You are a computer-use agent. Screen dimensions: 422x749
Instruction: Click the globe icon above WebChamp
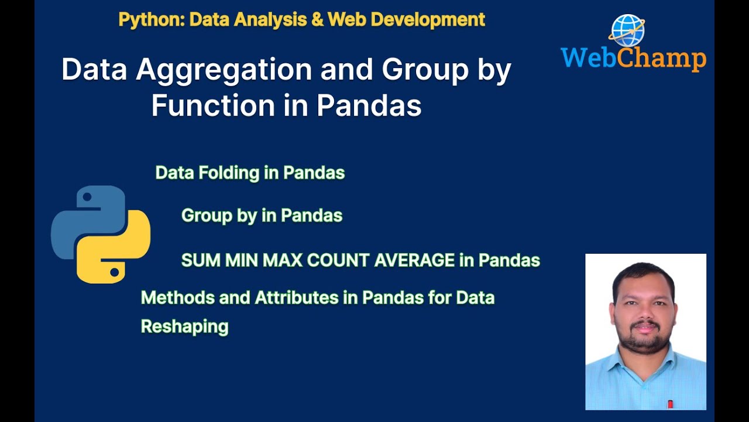(627, 30)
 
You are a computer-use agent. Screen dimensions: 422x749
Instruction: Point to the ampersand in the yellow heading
(317, 19)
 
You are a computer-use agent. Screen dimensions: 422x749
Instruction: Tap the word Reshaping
(184, 326)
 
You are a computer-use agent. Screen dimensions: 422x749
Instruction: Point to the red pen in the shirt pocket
(669, 404)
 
